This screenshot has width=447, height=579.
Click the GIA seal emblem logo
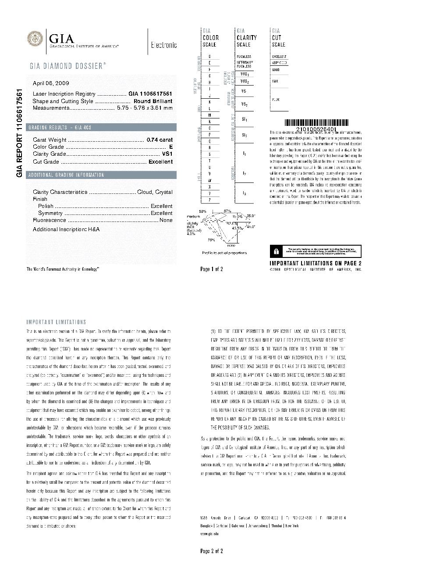[35, 39]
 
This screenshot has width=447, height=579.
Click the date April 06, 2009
[51, 83]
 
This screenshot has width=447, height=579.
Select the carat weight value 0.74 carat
[160, 140]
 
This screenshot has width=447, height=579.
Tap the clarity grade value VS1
[167, 154]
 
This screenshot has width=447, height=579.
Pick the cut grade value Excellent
[160, 162]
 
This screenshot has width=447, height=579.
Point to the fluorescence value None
[166, 220]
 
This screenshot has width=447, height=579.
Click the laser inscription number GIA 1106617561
[150, 94]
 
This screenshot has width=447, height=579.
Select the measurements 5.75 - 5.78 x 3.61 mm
[144, 108]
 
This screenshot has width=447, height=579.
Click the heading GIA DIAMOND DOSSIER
[67, 66]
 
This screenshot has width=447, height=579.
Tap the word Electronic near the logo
[164, 45]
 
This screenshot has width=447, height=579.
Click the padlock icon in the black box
[276, 251]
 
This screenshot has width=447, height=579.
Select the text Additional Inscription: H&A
[66, 229]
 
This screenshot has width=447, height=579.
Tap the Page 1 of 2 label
[212, 269]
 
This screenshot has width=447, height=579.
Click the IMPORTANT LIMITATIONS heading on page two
[56, 322]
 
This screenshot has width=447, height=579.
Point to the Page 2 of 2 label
[212, 551]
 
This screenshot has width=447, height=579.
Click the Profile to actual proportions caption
[224, 253]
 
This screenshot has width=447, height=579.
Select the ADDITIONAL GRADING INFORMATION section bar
[66, 175]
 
